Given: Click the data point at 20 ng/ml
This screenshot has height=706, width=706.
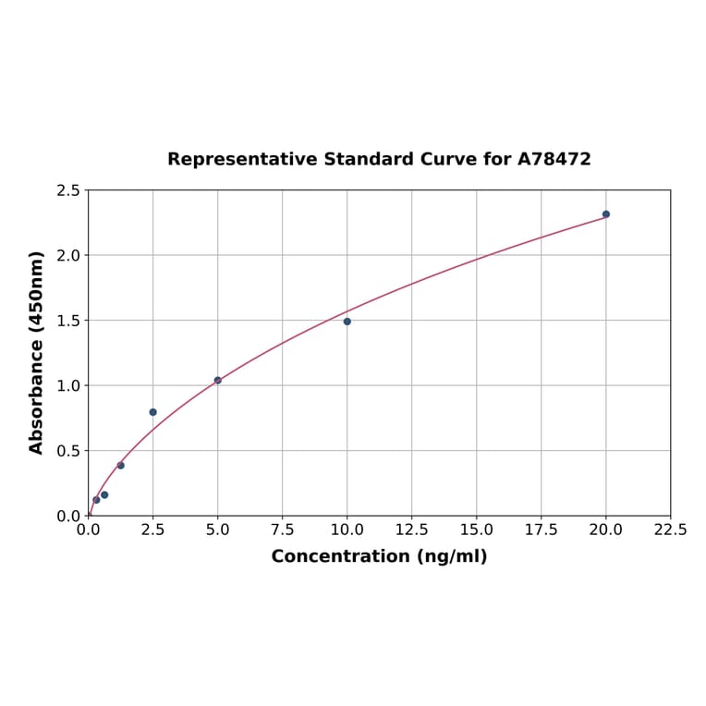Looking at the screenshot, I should coord(606,214).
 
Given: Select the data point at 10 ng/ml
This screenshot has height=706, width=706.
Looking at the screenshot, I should coord(347,322).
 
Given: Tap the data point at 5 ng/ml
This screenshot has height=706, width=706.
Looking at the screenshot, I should coord(218,380).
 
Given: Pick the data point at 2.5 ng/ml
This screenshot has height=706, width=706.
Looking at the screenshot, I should coord(153,412).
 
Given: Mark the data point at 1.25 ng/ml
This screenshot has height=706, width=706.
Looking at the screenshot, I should coord(121,465).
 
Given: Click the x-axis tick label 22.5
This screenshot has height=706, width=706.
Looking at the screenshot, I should coord(670,530).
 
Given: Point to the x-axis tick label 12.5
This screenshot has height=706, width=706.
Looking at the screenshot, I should coord(412,530).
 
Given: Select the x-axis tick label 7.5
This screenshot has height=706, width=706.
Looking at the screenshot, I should coord(283,530).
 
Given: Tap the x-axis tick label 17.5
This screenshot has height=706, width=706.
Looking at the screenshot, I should coord(542,530).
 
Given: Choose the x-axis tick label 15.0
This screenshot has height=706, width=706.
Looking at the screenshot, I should coord(477,530).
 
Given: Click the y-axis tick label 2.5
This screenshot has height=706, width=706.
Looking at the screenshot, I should coord(68,190).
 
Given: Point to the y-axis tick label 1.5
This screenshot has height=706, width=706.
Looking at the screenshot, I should coord(68,321).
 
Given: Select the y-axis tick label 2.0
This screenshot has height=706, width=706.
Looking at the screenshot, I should coord(68,255).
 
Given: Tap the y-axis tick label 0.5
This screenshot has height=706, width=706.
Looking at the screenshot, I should coord(68,451).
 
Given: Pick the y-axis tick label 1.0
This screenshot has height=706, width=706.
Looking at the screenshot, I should coord(68,385).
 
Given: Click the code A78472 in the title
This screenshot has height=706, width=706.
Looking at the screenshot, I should coord(554,159).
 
